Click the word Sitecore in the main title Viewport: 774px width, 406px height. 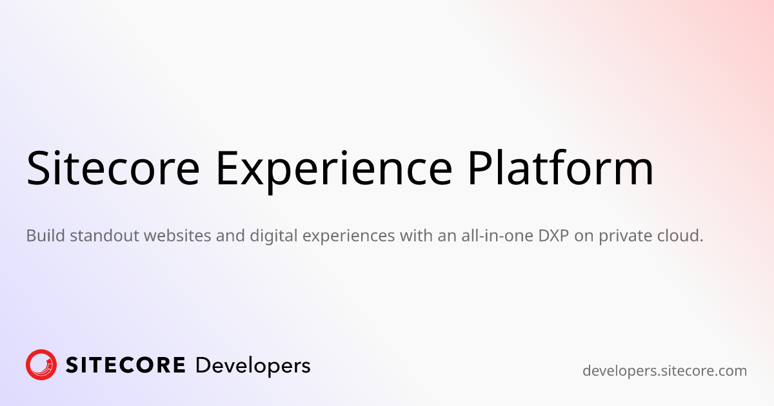[113, 168]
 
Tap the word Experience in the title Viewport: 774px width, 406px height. [334, 171]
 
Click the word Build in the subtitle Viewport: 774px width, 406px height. [46, 235]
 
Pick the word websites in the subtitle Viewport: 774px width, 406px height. [177, 235]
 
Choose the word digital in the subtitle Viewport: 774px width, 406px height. [273, 236]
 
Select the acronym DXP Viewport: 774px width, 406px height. [553, 235]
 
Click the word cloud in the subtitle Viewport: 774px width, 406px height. [677, 235]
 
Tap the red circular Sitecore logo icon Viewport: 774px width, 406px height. [41, 365]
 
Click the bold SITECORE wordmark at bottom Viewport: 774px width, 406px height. [125, 365]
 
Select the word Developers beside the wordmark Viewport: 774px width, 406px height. [253, 367]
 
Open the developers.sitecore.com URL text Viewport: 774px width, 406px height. [664, 371]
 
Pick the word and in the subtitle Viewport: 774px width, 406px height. [230, 235]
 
